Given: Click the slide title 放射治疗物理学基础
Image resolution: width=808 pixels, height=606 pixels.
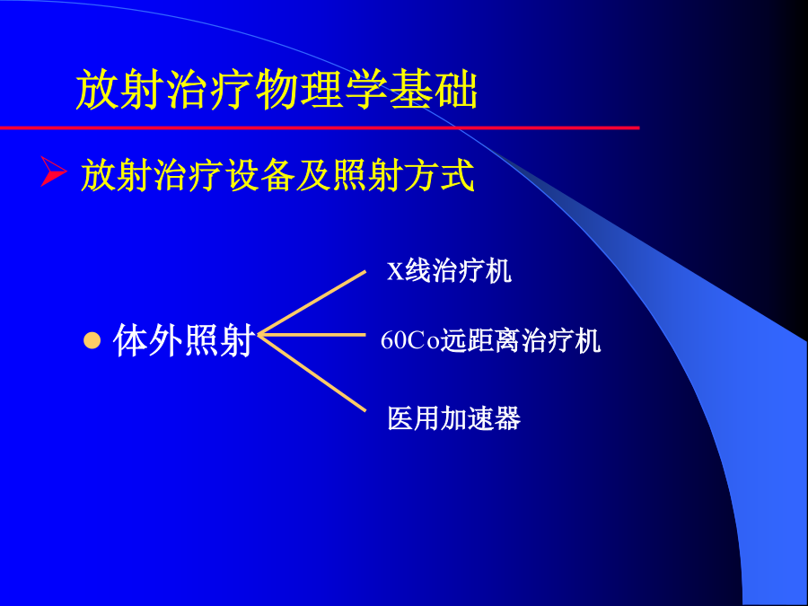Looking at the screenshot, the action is [x=277, y=90].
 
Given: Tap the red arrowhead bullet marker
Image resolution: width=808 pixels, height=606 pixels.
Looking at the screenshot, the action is [x=54, y=171].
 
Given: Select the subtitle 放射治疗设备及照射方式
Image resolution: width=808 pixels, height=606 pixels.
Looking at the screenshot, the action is [x=277, y=175].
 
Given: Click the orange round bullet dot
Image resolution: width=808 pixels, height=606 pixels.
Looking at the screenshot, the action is [x=92, y=340].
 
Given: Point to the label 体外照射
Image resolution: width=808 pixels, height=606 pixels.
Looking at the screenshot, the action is [x=184, y=340].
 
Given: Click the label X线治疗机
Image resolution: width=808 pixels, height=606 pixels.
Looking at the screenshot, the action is [x=449, y=270].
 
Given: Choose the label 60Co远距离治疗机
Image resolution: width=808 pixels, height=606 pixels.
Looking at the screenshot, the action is [x=490, y=340].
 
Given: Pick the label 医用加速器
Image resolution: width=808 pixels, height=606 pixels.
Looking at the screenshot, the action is [x=454, y=417].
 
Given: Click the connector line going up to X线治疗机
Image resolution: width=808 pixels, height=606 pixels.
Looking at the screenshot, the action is [x=312, y=303].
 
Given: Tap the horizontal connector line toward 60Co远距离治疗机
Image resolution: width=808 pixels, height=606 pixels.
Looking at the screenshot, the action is [x=312, y=335].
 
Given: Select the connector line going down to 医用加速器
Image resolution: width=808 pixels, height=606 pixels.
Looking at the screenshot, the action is [x=312, y=373].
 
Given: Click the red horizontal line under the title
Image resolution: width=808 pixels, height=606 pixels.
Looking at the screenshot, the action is [x=320, y=127].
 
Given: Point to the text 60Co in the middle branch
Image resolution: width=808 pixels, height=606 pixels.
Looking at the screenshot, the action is [x=409, y=340].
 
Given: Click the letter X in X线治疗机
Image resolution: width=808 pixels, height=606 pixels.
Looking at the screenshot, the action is [x=395, y=271].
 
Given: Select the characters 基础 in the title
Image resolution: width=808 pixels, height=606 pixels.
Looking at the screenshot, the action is [x=434, y=90].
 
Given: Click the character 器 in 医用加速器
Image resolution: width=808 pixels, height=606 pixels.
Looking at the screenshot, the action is [x=507, y=417].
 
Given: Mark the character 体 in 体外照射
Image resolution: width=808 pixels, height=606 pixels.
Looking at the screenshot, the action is [x=130, y=340].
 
